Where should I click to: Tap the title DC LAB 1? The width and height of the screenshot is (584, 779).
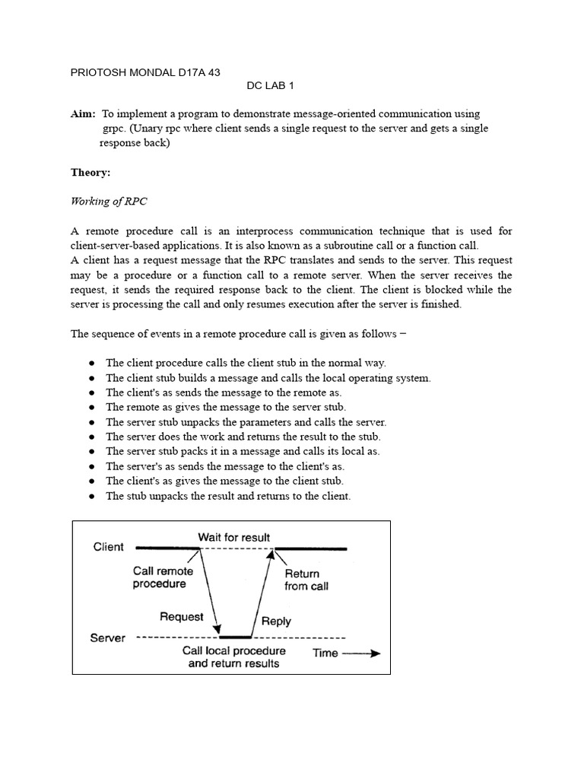pyautogui.click(x=272, y=87)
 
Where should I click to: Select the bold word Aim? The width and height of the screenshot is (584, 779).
pyautogui.click(x=84, y=114)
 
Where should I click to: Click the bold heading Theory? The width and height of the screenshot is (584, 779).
pyautogui.click(x=90, y=173)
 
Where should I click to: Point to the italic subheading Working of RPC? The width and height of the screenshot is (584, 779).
pyautogui.click(x=109, y=201)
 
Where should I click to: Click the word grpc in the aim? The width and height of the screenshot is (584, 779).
pyautogui.click(x=113, y=129)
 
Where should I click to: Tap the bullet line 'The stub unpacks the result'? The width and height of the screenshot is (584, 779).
pyautogui.click(x=228, y=496)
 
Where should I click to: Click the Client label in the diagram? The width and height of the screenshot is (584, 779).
pyautogui.click(x=108, y=547)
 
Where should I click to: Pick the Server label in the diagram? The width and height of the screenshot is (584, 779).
pyautogui.click(x=107, y=638)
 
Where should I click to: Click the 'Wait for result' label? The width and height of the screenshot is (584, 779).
pyautogui.click(x=233, y=537)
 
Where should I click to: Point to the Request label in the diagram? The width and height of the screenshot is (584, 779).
pyautogui.click(x=182, y=617)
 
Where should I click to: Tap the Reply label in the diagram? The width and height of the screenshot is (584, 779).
pyautogui.click(x=276, y=621)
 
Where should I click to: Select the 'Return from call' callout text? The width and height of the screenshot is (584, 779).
pyautogui.click(x=306, y=580)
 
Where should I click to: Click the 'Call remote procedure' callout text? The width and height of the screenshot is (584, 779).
pyautogui.click(x=163, y=577)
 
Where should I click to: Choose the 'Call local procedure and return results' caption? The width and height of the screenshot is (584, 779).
pyautogui.click(x=234, y=657)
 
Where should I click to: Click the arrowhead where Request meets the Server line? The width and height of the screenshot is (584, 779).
pyautogui.click(x=217, y=632)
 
